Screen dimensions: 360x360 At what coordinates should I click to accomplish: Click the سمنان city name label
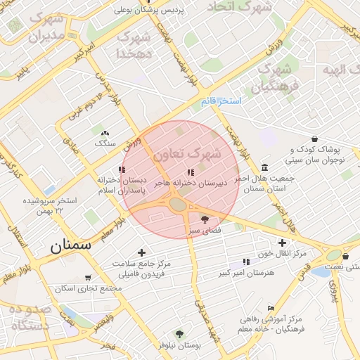coord(70,246)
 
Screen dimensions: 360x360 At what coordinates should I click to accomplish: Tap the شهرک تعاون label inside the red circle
coord(187,153)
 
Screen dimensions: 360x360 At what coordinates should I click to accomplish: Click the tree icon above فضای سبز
coord(205,219)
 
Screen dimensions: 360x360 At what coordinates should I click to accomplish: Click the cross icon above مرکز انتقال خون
coord(282,243)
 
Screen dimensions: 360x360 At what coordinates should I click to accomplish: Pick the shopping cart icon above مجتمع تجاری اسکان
coord(87,278)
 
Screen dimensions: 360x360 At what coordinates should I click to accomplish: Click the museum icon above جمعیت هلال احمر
coord(264,167)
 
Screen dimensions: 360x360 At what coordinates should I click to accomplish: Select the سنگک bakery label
coord(105,143)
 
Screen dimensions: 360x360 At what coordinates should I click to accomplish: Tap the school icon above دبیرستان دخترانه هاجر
coord(190,172)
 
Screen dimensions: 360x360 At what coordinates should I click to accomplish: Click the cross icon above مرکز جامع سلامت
coord(143,252)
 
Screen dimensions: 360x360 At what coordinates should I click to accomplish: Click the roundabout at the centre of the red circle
coord(178,204)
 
